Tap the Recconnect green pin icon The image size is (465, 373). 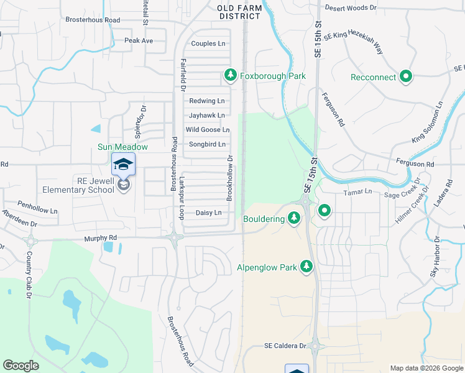pos(406,77)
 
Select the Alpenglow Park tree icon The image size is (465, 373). pos(306,267)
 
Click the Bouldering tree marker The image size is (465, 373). pos(294,218)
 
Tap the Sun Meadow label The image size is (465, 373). pos(122,147)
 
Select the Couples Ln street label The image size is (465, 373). pos(208,44)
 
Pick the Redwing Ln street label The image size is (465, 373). pos(206,101)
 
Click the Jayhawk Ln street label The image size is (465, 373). pos(206,115)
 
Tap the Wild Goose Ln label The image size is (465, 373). pos(208,130)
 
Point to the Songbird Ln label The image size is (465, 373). pos(207,144)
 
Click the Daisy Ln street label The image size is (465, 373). pos(208,213)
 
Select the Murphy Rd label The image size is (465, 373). pos(100,238)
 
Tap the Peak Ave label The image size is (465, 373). pos(138,40)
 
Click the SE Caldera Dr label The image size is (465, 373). pos(285,346)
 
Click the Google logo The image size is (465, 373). pos(21,366)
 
